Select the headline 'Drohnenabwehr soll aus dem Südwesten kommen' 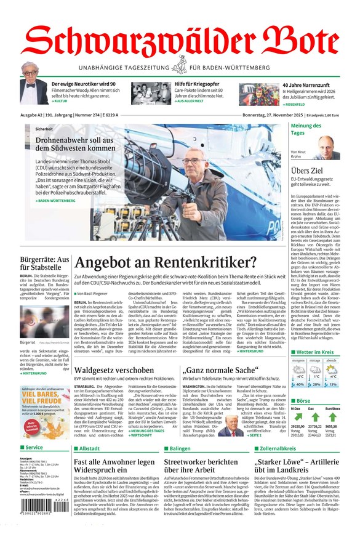tap(66, 144)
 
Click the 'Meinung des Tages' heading tap(306, 129)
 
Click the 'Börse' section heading tap(303, 400)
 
